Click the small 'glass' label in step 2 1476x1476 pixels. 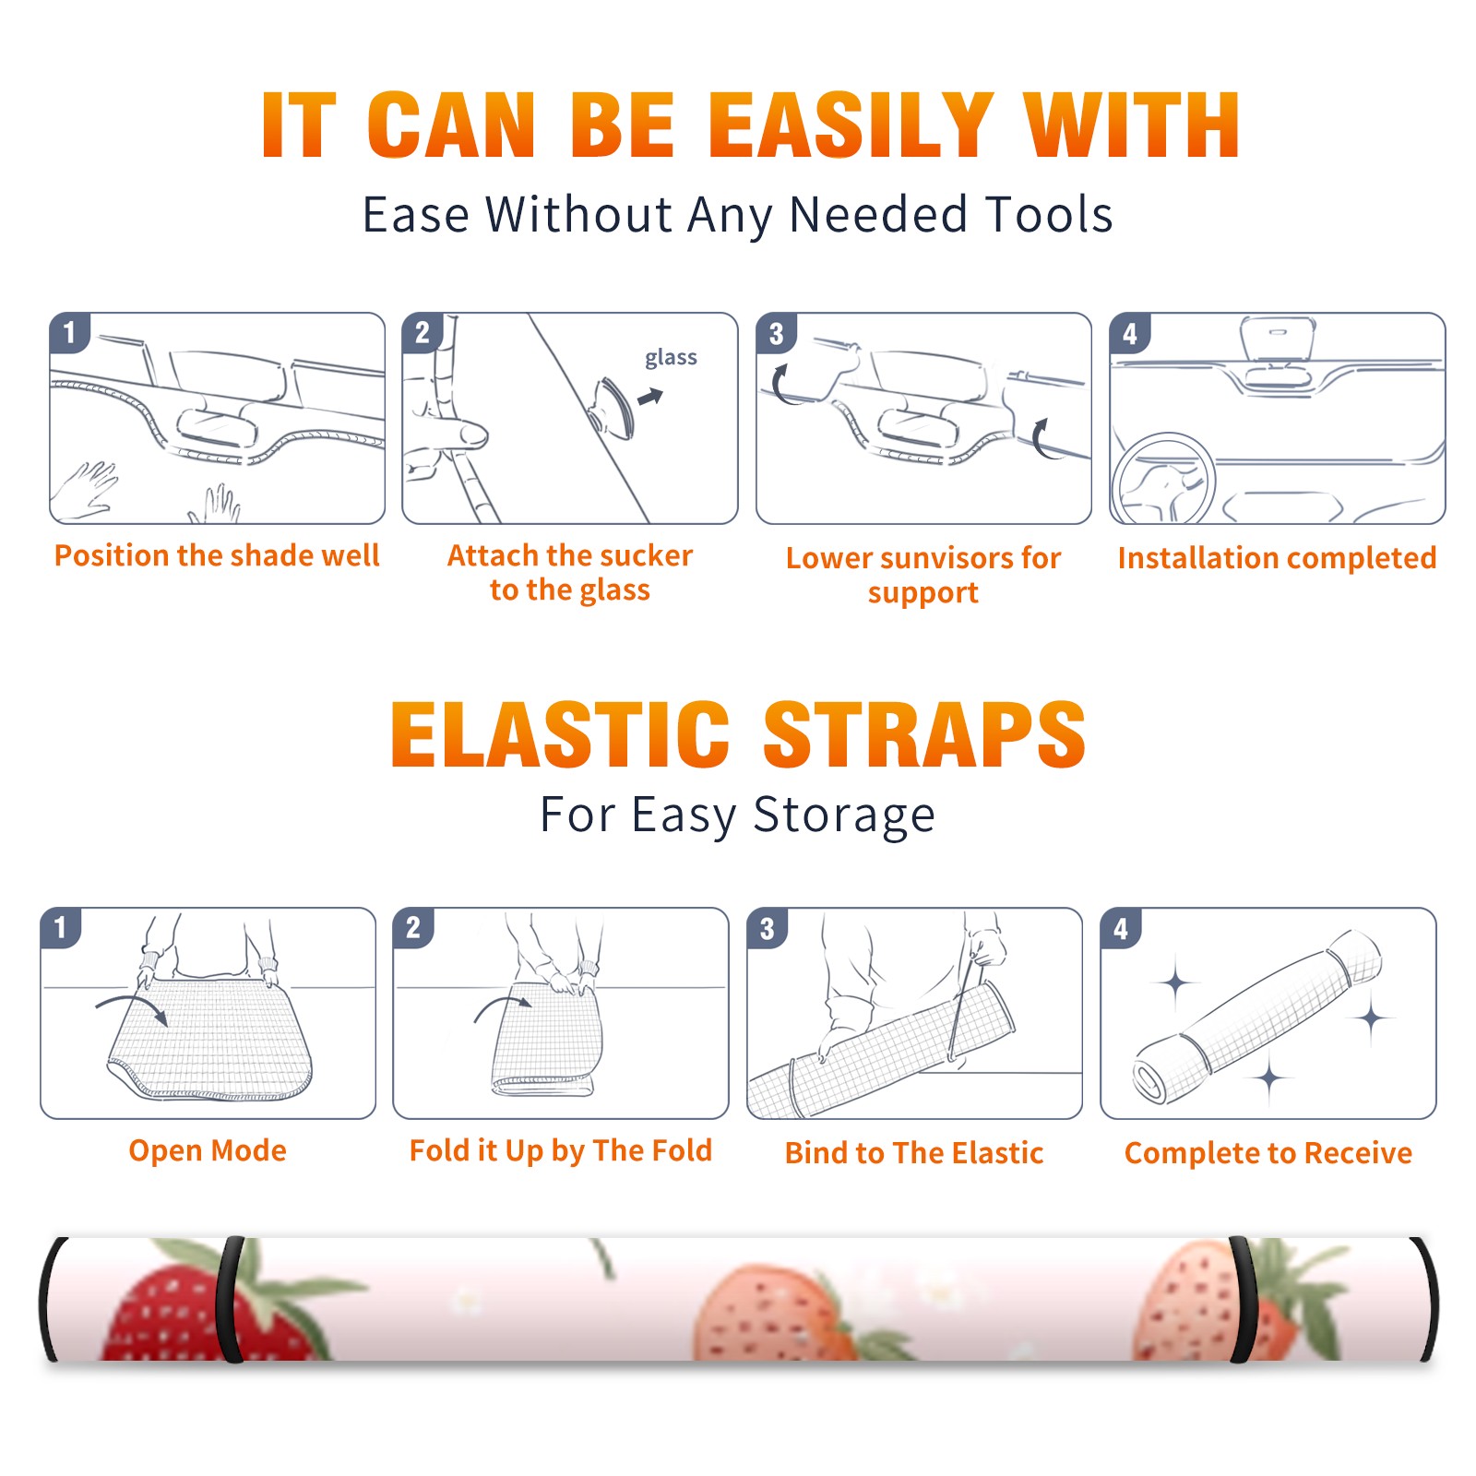click(671, 357)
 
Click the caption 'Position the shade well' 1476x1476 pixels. click(217, 555)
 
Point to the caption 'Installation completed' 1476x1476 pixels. click(1277, 558)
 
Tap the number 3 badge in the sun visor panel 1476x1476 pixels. click(776, 333)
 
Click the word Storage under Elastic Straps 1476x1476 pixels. click(844, 815)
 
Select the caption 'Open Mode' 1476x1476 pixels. click(208, 1150)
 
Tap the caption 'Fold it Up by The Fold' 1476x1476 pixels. click(561, 1151)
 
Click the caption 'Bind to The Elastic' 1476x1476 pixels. click(914, 1153)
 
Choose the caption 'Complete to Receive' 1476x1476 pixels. click(1268, 1153)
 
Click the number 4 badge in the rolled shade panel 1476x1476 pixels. click(1121, 928)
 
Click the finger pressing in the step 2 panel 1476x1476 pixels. click(457, 433)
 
